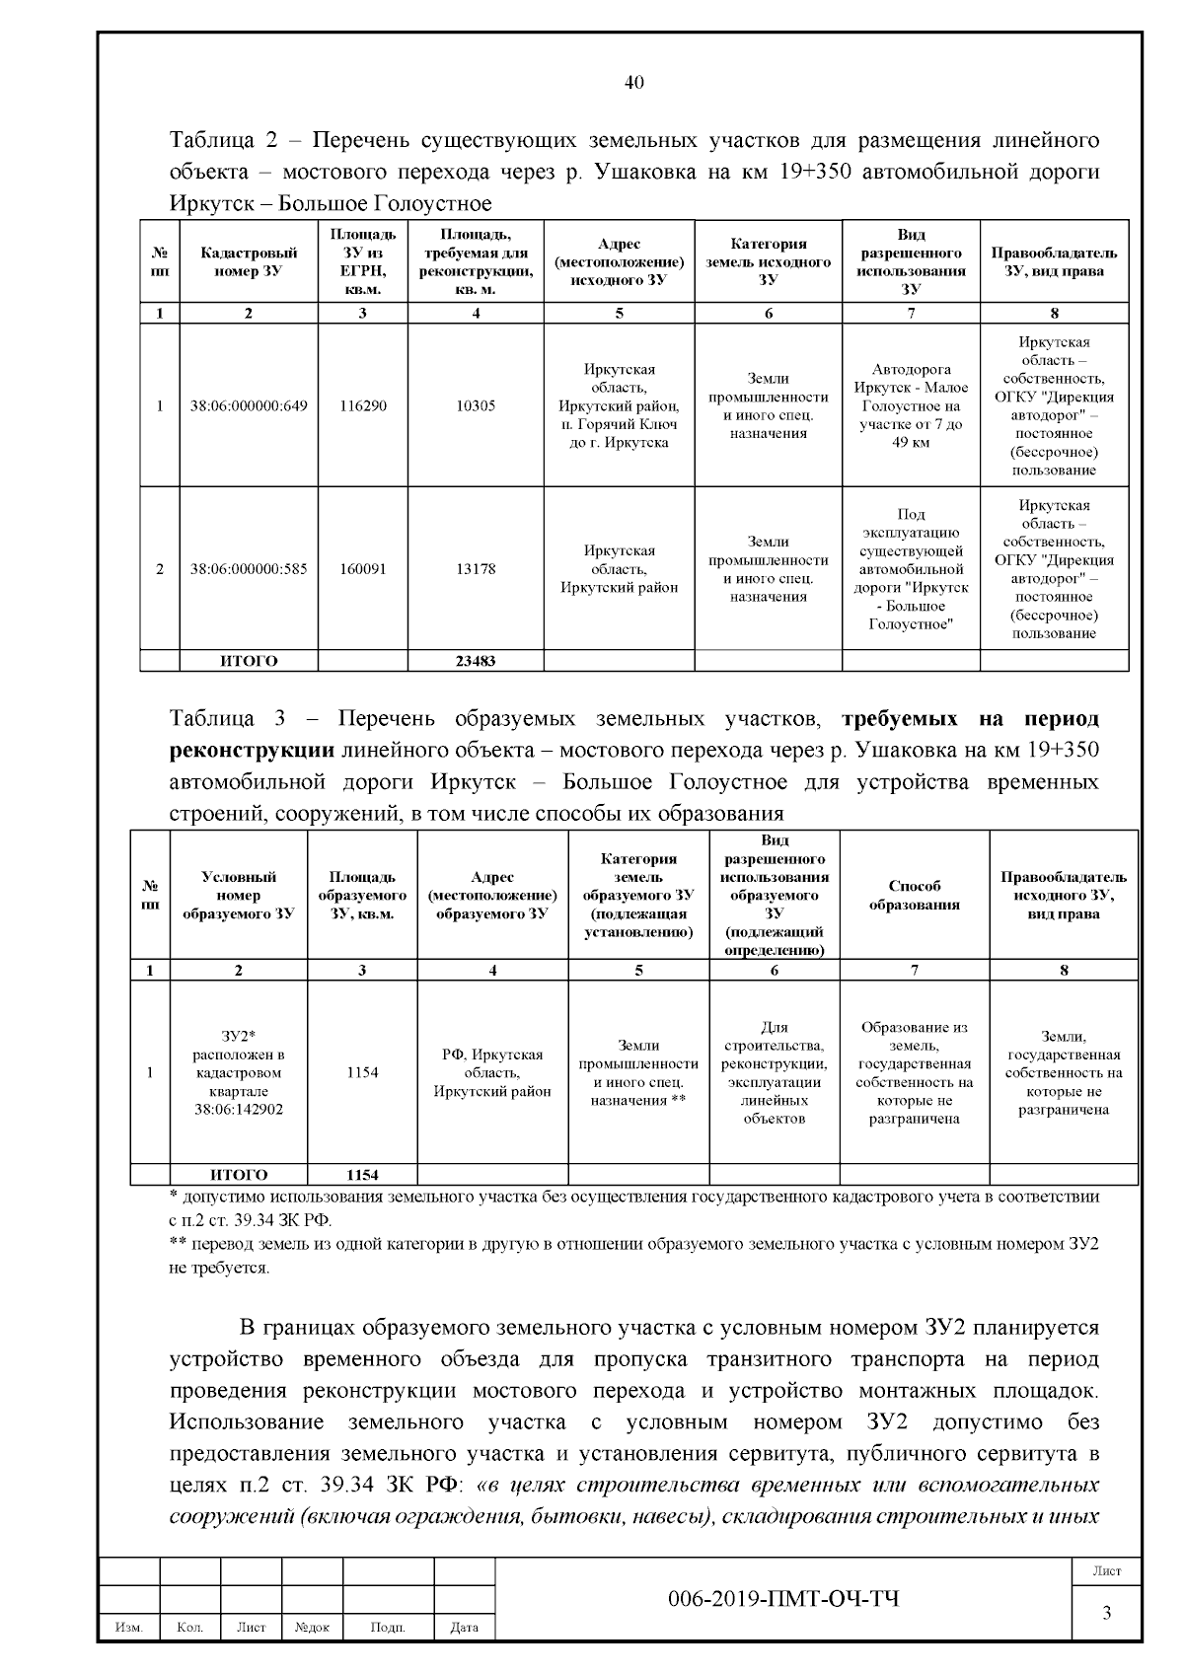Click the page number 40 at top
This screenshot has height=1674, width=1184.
coord(634,83)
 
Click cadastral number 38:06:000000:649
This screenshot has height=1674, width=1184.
coord(249,405)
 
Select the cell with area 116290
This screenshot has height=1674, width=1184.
coord(362,405)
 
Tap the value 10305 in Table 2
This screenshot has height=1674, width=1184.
coord(476,405)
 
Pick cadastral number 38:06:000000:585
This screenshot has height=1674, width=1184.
coord(249,569)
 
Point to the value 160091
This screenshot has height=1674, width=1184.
coord(362,569)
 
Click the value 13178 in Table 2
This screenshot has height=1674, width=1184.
coord(476,569)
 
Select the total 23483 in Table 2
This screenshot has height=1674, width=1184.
coord(476,661)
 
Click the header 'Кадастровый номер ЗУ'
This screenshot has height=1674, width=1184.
coord(249,261)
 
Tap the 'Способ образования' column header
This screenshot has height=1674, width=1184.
coord(914,895)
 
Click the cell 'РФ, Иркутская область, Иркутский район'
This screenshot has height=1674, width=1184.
coord(492,1072)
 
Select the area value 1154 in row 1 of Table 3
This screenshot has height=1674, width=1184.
coord(362,1072)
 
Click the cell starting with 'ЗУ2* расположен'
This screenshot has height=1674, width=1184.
coord(239,1072)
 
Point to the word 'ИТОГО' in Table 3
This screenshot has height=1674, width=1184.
coord(239,1175)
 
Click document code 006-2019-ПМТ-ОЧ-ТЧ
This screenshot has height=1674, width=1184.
coord(783,1599)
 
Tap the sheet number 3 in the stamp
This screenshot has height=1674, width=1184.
coord(1106,1614)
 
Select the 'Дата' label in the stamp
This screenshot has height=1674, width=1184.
coord(464,1628)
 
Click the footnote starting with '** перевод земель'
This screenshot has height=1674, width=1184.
coord(631,1255)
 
